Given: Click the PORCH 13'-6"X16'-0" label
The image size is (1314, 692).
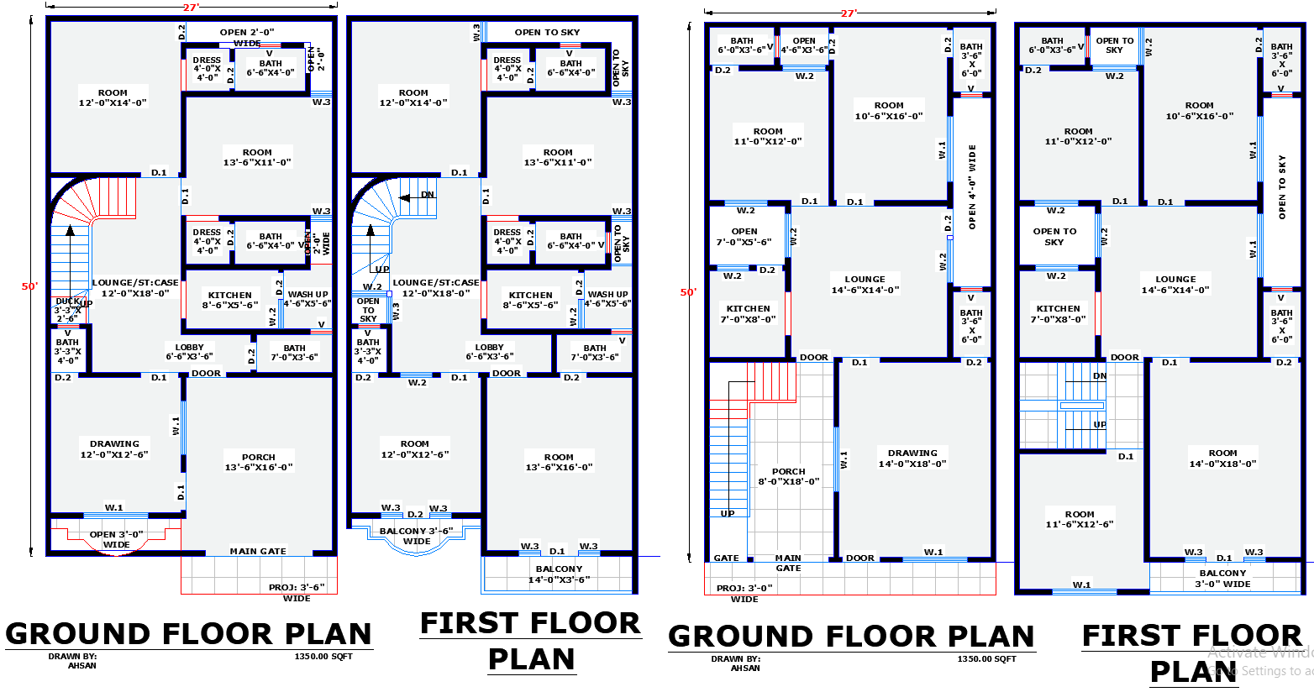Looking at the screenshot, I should [x=259, y=462].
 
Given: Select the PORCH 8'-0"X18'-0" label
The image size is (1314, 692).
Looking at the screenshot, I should [x=788, y=476].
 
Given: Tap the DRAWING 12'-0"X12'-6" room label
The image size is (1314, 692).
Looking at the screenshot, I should [x=114, y=448].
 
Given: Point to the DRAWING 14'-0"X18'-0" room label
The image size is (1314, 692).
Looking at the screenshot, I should [x=912, y=458].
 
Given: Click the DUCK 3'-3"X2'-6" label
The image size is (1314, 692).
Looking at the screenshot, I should [x=68, y=310].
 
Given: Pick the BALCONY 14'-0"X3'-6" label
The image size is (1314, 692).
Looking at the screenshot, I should [x=559, y=574].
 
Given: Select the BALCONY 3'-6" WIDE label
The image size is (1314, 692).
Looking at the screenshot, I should [x=416, y=536].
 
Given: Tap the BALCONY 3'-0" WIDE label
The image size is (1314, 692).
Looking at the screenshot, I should [x=1222, y=578].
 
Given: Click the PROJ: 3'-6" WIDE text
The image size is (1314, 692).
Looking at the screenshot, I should [x=297, y=592].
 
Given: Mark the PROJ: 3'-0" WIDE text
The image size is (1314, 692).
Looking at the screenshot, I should [x=744, y=593].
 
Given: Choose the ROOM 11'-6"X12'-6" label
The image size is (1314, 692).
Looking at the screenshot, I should [x=1080, y=518].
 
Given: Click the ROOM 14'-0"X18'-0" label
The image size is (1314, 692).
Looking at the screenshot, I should [x=1222, y=458].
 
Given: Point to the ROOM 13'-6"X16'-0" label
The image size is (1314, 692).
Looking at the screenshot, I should [x=559, y=462].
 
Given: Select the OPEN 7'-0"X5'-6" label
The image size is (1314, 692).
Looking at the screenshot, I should [x=744, y=236].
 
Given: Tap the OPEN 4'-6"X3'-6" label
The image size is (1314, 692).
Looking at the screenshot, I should [x=803, y=45].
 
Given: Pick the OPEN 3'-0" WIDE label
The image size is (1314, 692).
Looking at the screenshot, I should [x=116, y=539].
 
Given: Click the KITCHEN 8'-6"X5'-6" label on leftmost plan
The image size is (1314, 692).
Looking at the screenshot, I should [x=230, y=300].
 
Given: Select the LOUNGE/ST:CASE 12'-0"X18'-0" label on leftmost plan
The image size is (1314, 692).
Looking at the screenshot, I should [x=135, y=288].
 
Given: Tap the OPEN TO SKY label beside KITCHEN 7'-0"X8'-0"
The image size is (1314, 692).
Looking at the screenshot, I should [x=1054, y=236].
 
